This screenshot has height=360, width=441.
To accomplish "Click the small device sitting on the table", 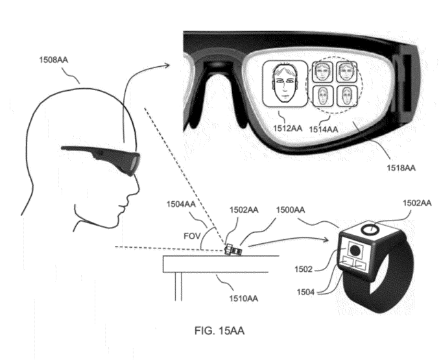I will point(232,248).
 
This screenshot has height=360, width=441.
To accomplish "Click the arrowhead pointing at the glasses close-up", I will point(171,64).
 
